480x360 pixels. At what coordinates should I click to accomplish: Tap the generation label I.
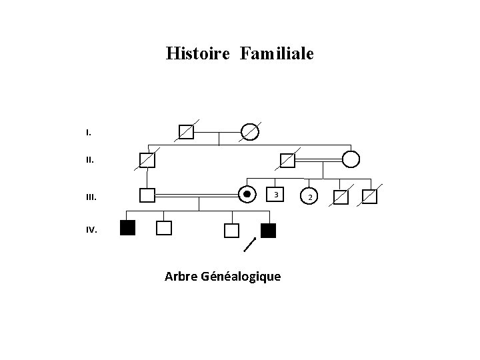click(89, 133)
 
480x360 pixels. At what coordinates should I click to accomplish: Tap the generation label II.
click(90, 160)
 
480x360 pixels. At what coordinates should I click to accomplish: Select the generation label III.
click(91, 197)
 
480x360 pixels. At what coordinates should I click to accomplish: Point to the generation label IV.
click(91, 230)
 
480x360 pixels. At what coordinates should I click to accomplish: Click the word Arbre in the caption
click(181, 276)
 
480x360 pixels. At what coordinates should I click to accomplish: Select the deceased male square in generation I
click(186, 132)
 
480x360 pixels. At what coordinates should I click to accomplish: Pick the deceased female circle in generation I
click(249, 132)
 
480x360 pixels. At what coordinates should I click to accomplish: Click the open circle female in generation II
click(351, 159)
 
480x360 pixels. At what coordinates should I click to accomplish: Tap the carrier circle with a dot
click(247, 195)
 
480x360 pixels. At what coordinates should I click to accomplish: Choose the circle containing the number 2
click(309, 197)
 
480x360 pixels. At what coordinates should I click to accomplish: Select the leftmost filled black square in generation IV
click(127, 229)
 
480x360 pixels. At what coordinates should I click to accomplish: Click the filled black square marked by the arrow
click(268, 231)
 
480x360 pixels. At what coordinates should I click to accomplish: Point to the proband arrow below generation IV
click(250, 244)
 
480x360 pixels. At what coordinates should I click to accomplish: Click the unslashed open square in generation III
click(147, 195)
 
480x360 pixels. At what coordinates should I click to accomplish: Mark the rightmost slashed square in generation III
click(369, 197)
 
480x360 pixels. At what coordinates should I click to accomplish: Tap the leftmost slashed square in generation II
click(147, 160)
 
